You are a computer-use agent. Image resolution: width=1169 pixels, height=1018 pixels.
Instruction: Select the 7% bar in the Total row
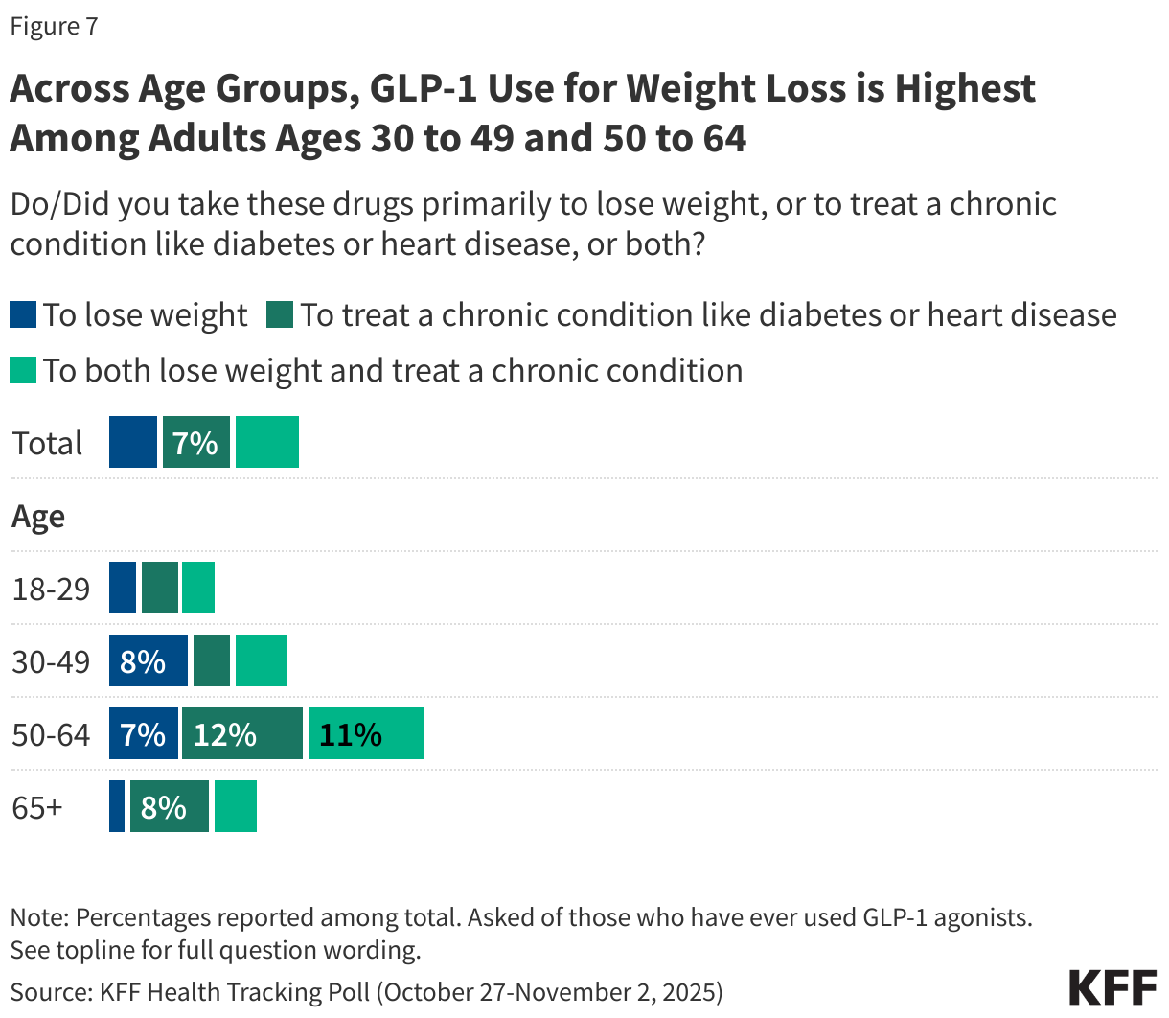click(195, 443)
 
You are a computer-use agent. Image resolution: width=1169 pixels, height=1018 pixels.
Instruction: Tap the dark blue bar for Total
click(132, 443)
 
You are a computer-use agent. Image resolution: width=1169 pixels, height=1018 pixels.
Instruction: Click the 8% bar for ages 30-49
click(148, 661)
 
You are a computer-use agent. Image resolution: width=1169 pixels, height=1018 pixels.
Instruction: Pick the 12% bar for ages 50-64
click(241, 734)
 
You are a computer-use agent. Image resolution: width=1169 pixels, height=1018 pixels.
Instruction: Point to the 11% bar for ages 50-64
click(365, 734)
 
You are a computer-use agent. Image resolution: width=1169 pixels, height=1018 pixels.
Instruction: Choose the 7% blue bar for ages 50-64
click(143, 734)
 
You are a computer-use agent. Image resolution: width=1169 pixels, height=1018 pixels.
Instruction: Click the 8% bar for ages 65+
click(169, 807)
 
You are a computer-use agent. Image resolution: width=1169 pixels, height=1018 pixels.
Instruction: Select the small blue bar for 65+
click(117, 807)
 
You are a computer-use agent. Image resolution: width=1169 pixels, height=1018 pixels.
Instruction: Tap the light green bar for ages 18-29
click(198, 589)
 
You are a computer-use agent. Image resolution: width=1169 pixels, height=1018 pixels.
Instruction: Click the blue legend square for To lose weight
click(23, 314)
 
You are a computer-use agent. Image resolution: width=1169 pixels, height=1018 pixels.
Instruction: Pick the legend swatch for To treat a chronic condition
click(280, 314)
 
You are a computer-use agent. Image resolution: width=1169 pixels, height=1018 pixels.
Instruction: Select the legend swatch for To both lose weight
click(23, 370)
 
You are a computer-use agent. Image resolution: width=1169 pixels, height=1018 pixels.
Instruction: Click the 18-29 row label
click(51, 589)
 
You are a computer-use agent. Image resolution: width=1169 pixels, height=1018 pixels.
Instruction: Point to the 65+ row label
click(37, 807)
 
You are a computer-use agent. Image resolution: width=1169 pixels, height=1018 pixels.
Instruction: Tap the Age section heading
click(38, 517)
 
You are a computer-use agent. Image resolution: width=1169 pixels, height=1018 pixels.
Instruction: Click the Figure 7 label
click(54, 26)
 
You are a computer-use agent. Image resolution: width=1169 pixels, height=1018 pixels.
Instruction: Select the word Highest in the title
click(965, 88)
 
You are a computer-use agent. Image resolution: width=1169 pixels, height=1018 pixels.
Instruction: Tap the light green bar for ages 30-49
click(261, 661)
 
